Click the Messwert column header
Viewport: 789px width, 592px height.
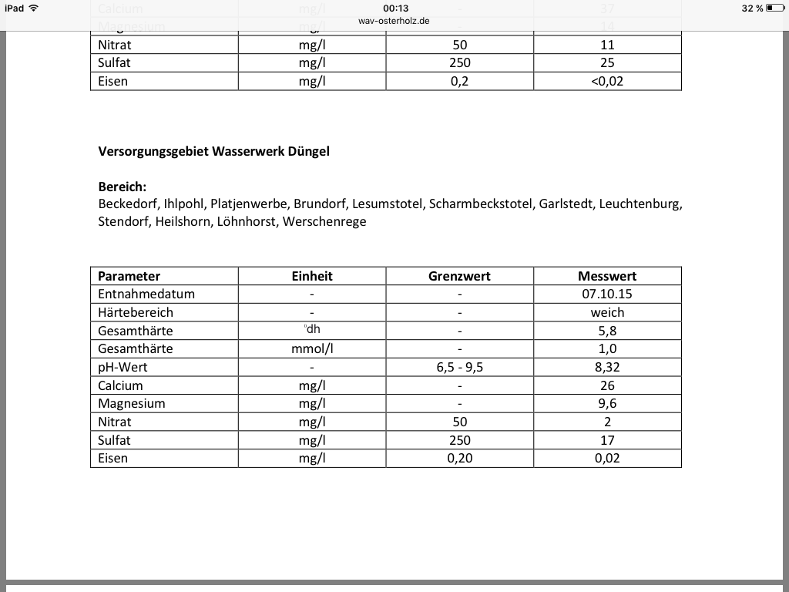point(607,276)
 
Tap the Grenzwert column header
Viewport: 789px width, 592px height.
point(459,276)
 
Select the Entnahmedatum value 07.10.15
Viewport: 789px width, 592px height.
point(607,294)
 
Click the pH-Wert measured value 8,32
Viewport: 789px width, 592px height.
point(607,367)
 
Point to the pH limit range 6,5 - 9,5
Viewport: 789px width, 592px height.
point(459,367)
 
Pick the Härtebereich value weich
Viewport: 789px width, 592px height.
point(607,312)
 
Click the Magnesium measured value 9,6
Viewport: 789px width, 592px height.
point(607,403)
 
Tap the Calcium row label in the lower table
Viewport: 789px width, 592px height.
point(120,385)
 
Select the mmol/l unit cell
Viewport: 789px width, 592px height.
point(312,348)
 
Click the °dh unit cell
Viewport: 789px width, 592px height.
point(312,330)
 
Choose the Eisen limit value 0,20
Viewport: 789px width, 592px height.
point(459,458)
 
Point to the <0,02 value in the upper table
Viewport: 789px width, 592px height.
point(607,81)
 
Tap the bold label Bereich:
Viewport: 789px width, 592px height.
point(122,187)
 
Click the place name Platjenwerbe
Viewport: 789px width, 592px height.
point(249,204)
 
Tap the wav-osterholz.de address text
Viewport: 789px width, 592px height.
point(394,21)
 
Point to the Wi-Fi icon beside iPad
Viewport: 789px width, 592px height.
point(33,8)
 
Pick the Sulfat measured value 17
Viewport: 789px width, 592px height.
point(607,440)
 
